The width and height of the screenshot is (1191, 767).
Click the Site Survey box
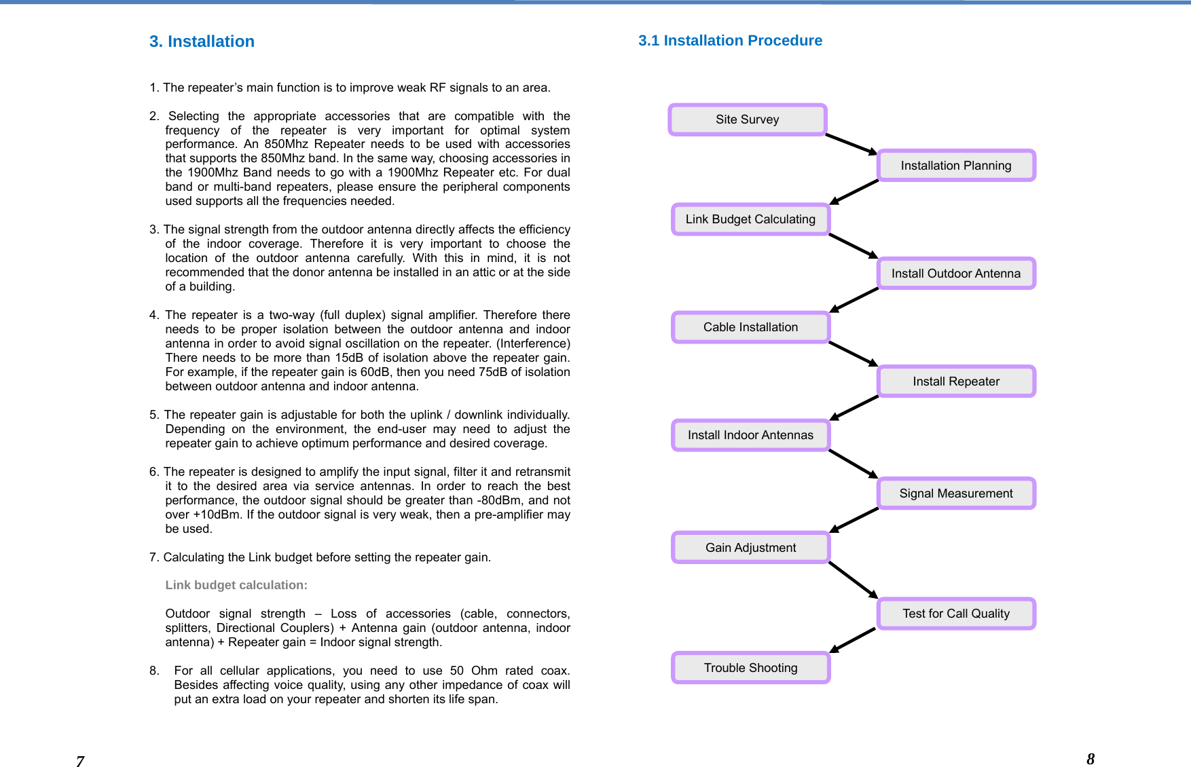(x=747, y=119)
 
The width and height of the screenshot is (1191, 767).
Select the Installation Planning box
(x=956, y=166)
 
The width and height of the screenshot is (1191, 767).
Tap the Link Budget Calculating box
(x=750, y=219)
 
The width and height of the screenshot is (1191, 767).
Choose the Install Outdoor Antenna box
(x=956, y=274)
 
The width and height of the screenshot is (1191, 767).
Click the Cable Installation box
(x=750, y=327)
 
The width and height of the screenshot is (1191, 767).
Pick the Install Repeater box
(x=956, y=381)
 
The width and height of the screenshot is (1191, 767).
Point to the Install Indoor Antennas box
(x=750, y=435)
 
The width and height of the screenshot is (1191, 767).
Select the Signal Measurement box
(x=956, y=493)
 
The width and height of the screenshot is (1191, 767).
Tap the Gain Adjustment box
(x=750, y=548)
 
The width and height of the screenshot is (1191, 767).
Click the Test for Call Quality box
(x=956, y=614)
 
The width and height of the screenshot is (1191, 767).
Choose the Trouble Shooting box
(x=750, y=668)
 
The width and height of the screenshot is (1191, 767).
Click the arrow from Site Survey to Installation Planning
(x=851, y=145)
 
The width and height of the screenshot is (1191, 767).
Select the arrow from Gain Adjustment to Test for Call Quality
(x=853, y=580)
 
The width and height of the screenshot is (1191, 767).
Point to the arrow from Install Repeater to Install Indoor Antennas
(x=854, y=408)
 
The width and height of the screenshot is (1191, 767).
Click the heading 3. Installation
(x=202, y=41)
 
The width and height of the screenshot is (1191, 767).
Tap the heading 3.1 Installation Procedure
(x=730, y=41)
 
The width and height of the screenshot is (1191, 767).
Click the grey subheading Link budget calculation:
(x=236, y=585)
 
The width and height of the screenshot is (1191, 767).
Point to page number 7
(x=80, y=762)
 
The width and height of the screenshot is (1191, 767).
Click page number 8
(x=1091, y=759)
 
